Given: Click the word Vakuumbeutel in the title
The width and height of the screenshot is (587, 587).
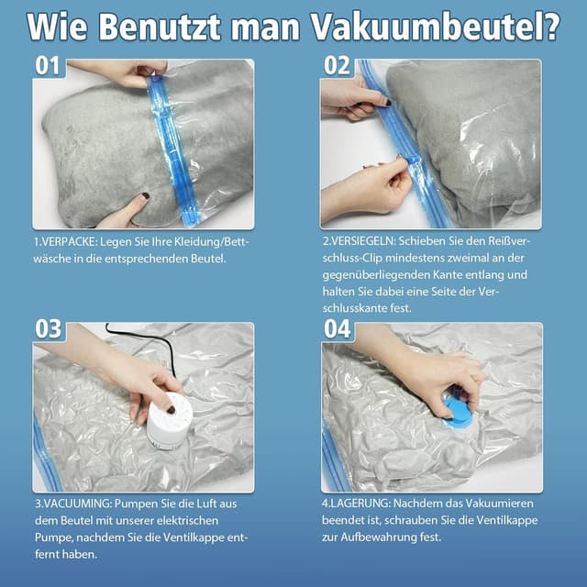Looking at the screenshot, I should (x=441, y=27).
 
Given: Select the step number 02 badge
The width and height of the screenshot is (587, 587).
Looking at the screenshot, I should (x=337, y=66).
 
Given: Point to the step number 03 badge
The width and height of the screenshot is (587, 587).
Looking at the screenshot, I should (x=50, y=329).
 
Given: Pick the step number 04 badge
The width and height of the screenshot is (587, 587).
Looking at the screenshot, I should (x=338, y=329).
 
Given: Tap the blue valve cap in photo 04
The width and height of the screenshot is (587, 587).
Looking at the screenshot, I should (x=456, y=408).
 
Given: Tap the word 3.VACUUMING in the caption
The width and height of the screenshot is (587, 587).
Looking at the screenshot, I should (x=74, y=504).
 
